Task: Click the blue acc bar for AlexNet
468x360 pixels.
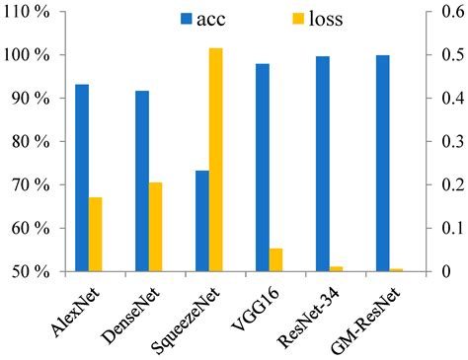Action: [x=82, y=178]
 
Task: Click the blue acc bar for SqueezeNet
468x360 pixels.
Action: [x=202, y=221]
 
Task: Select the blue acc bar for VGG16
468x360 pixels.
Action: [x=262, y=168]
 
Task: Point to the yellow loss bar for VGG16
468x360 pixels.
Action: [x=275, y=260]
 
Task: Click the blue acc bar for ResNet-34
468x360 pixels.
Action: [x=322, y=164]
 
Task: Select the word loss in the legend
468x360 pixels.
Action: [x=325, y=19]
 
